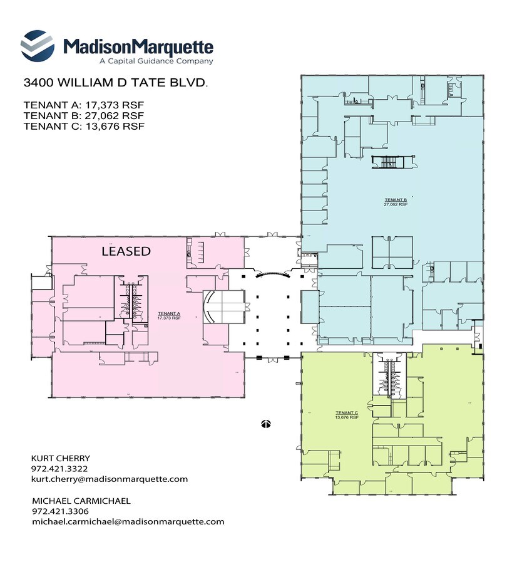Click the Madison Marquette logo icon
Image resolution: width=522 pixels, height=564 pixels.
38,45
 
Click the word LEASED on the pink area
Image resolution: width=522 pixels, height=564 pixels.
126,251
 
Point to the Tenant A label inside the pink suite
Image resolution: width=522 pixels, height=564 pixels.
169,315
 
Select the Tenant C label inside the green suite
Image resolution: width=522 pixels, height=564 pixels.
346,414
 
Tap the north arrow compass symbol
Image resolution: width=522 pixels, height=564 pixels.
265,424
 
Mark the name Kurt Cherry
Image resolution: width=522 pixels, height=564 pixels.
61,458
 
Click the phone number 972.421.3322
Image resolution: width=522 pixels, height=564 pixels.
59,469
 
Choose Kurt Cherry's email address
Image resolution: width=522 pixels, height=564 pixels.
110,479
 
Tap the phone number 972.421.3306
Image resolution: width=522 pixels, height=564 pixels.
59,511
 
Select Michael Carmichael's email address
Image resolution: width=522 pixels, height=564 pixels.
128,521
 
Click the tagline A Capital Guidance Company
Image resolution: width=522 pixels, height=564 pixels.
156,61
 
